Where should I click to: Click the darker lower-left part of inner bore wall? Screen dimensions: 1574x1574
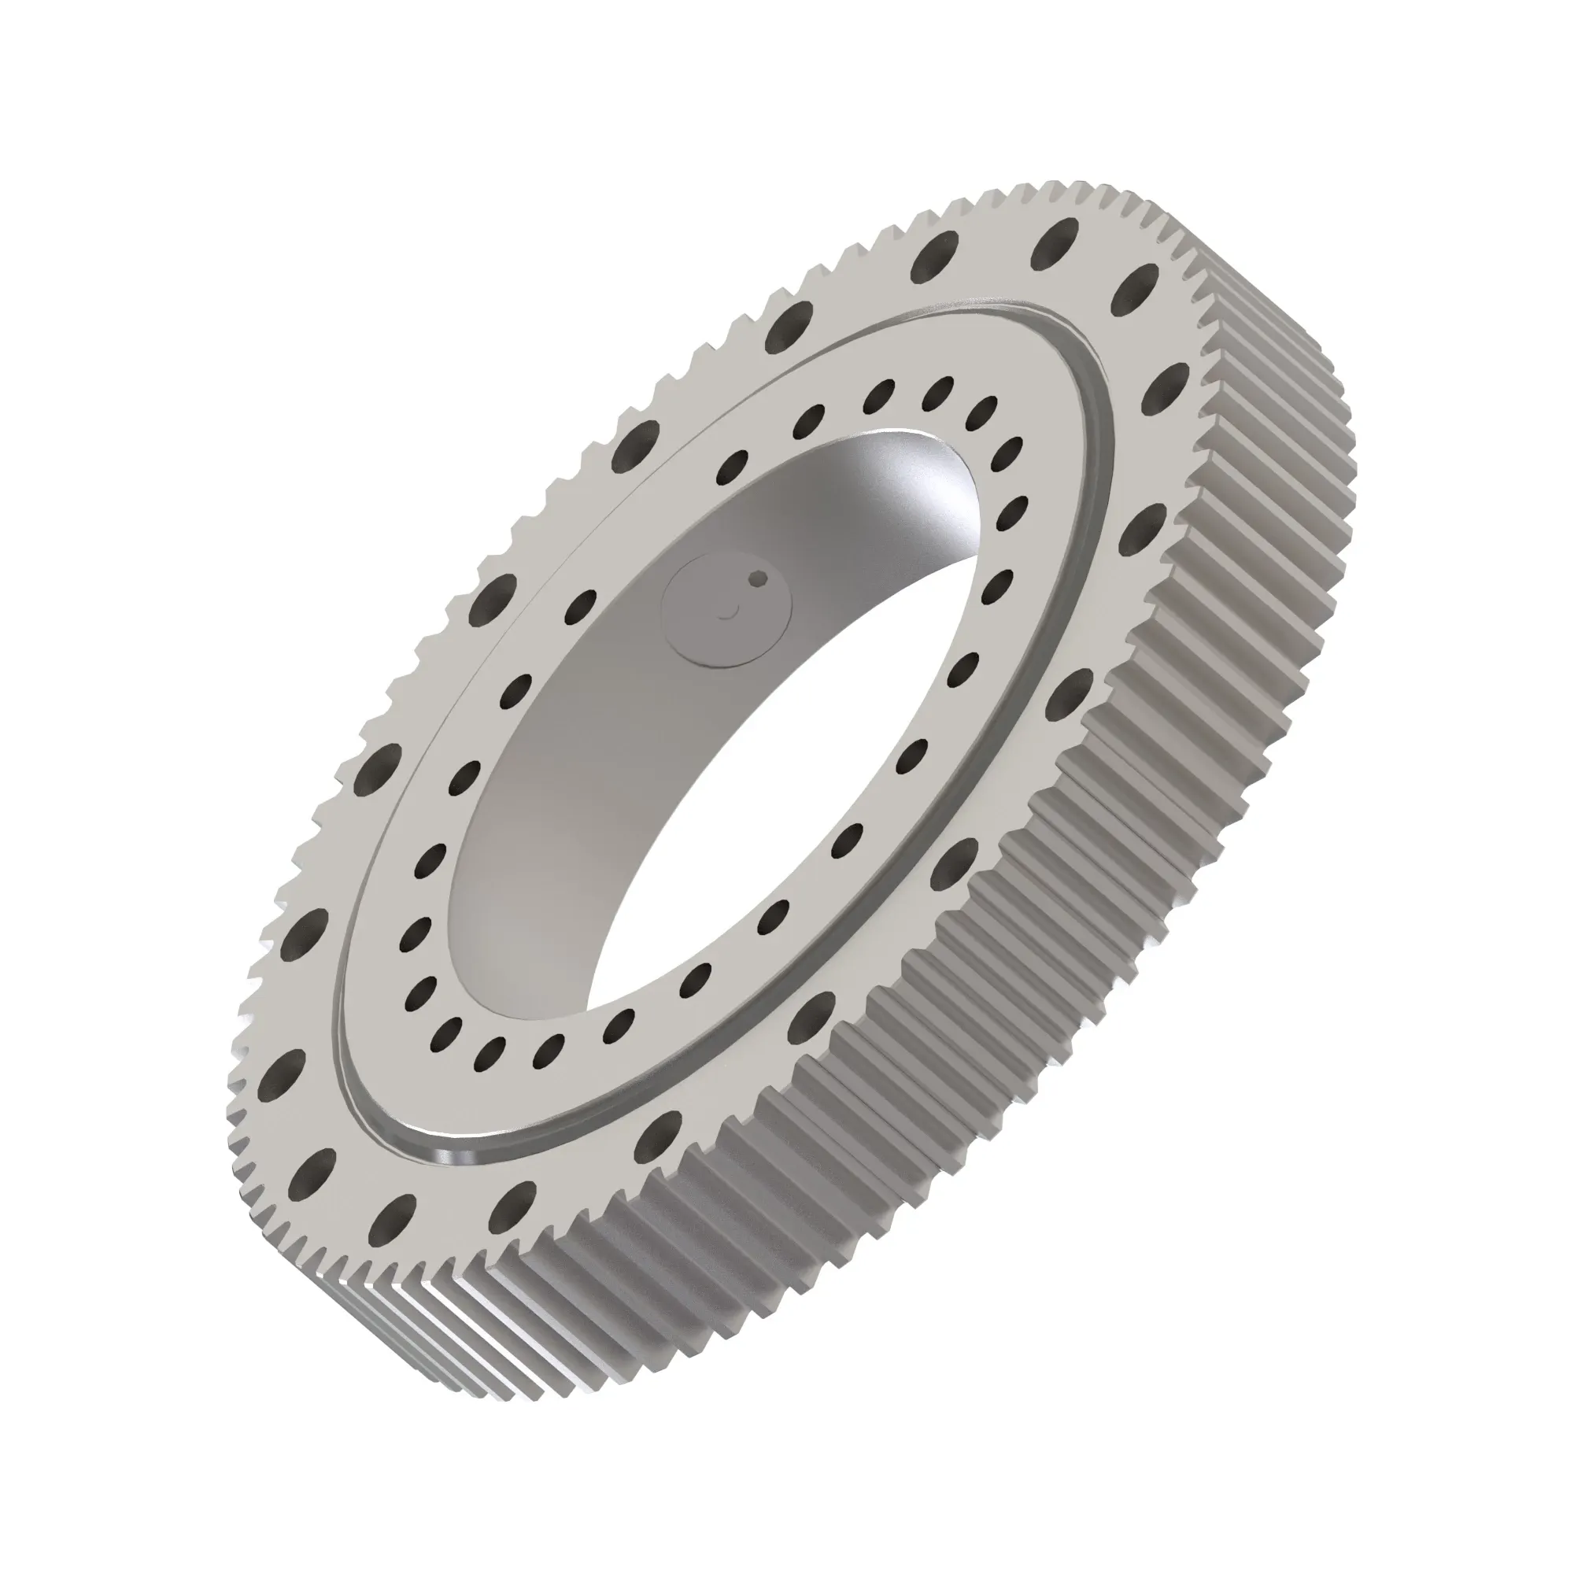click(x=522, y=815)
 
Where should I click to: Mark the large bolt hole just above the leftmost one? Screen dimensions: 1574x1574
click(x=304, y=928)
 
